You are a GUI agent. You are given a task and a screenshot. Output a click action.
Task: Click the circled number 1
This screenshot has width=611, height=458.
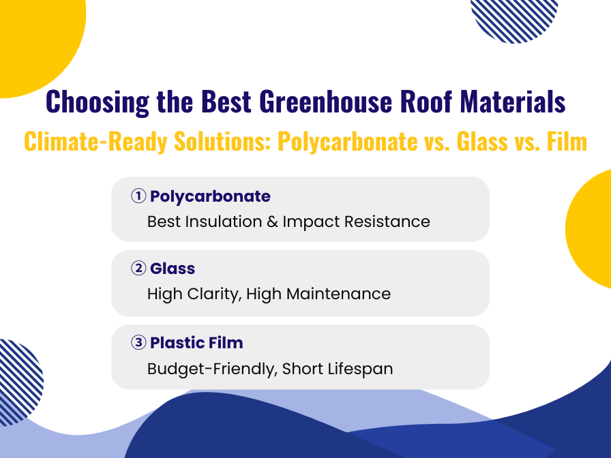(138, 196)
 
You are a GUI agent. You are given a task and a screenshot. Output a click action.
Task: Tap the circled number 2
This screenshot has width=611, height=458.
(138, 269)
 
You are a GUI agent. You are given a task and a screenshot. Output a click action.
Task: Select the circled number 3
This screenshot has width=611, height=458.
(138, 343)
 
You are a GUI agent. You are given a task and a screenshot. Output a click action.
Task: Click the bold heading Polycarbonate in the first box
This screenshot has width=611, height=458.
(210, 196)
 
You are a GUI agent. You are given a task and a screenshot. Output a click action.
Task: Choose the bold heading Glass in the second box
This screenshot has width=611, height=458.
(173, 269)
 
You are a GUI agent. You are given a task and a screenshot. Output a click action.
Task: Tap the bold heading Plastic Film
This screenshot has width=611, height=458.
(196, 343)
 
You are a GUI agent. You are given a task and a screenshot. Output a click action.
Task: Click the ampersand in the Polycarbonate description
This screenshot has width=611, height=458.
(273, 222)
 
